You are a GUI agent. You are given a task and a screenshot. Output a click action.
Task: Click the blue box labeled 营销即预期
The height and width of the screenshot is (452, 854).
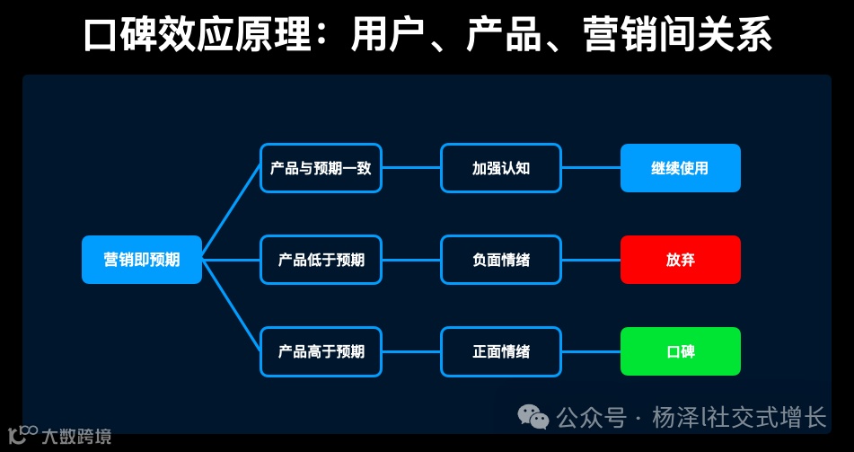(141, 260)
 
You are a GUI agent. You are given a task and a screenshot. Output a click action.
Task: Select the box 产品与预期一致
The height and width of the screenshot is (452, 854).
(321, 168)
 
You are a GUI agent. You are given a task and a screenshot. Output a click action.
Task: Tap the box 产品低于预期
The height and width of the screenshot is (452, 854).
(321, 260)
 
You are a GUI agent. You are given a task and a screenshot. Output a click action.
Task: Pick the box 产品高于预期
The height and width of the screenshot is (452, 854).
(321, 351)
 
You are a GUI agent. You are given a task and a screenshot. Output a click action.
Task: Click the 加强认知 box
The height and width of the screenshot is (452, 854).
(500, 168)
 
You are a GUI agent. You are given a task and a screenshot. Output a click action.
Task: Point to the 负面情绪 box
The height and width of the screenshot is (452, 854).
(500, 260)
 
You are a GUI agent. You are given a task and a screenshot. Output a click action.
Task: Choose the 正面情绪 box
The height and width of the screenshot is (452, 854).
(500, 351)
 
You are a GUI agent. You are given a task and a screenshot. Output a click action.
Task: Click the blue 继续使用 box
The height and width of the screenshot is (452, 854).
(680, 168)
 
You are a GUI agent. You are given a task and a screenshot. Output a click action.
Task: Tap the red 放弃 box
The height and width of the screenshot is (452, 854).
(680, 260)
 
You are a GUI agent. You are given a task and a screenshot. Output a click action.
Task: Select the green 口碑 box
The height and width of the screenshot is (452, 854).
(680, 351)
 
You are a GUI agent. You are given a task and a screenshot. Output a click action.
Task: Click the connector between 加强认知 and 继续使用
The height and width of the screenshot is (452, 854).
(591, 168)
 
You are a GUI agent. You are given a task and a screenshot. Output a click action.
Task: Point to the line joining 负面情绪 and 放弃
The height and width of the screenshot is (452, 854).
(591, 260)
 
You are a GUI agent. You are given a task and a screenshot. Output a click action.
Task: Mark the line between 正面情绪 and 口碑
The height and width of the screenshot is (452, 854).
(591, 351)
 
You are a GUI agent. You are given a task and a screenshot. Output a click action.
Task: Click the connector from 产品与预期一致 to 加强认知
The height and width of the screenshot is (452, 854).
(411, 168)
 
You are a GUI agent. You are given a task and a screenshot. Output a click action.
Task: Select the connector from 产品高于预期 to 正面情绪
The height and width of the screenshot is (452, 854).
(411, 351)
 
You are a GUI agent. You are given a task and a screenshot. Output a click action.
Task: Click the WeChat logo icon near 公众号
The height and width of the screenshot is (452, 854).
(533, 417)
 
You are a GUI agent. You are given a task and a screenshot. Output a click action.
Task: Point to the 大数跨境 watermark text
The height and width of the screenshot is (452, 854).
(76, 437)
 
